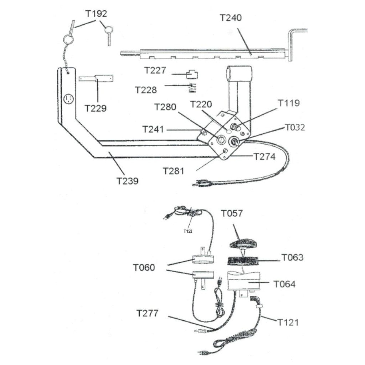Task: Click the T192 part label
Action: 96,14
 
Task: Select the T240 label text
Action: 231,18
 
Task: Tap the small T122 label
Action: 188,231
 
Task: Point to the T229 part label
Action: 96,108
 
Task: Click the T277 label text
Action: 147,313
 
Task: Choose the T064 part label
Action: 284,284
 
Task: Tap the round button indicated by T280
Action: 220,140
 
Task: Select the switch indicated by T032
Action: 233,142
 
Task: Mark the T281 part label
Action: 174,171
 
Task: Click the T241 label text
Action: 153,129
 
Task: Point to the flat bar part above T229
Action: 96,78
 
